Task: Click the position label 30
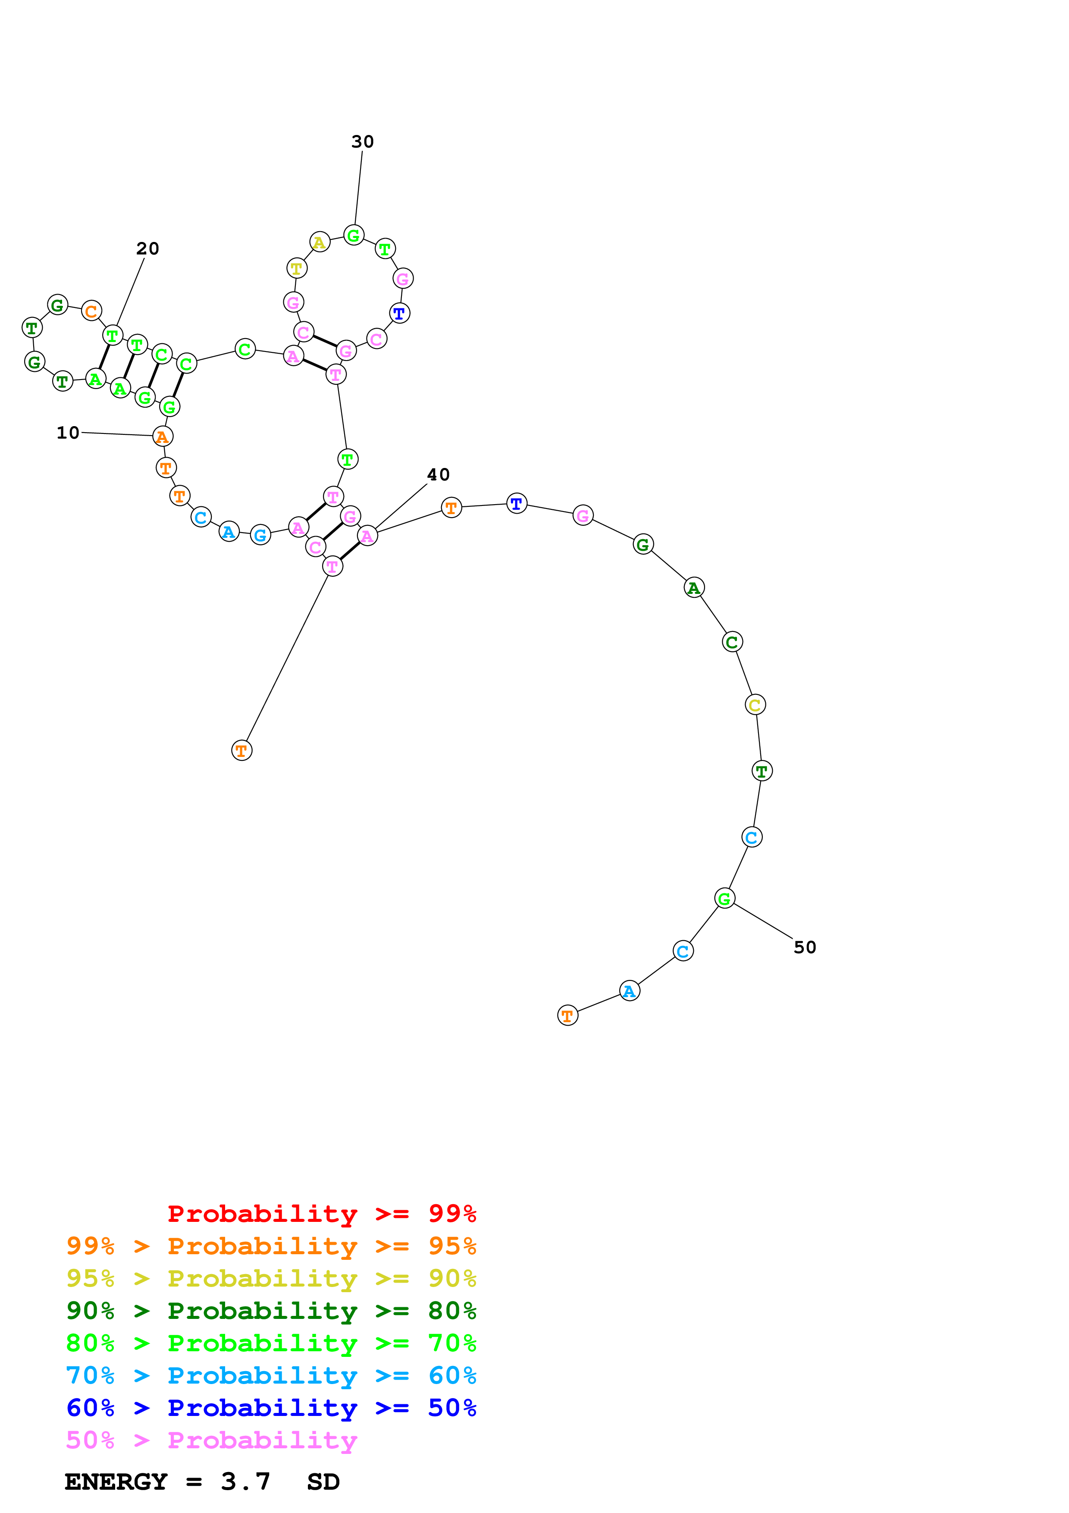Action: point(362,141)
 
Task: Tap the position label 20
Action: point(147,248)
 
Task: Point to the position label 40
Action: point(438,474)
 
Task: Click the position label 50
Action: point(805,947)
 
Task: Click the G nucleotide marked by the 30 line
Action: point(354,235)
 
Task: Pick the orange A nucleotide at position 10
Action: point(163,436)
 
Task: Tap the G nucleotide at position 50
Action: point(724,898)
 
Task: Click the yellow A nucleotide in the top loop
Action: point(320,242)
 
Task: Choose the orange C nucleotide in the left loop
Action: point(91,311)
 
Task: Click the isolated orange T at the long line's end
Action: point(242,750)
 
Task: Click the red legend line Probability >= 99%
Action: point(321,1213)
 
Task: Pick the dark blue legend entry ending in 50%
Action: point(271,1408)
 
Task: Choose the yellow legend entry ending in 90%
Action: point(271,1278)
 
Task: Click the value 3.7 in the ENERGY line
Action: point(246,1482)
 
